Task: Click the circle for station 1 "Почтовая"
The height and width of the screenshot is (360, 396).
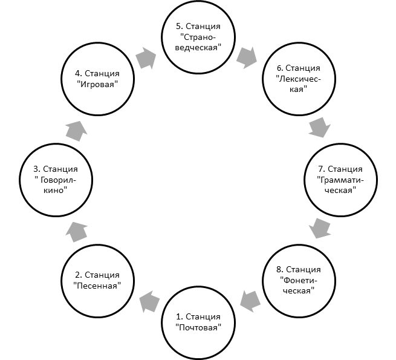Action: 198,287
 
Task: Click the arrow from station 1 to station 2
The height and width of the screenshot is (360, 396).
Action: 150,301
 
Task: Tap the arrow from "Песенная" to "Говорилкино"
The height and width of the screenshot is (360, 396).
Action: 77,232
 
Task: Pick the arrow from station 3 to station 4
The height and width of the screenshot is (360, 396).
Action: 77,131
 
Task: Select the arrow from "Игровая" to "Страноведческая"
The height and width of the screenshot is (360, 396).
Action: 146,58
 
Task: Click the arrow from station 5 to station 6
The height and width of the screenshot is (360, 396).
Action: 247,58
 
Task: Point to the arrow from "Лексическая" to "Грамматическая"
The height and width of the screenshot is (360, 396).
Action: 319,127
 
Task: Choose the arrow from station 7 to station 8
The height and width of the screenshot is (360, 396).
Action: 320,228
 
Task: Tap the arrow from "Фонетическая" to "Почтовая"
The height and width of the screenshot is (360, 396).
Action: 250,301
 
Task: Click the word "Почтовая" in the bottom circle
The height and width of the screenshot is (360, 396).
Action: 198,328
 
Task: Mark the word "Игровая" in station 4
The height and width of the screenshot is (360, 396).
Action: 97,84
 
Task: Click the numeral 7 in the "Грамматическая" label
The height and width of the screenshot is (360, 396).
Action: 321,169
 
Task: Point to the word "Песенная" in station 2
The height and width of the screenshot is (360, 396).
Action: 97,286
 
